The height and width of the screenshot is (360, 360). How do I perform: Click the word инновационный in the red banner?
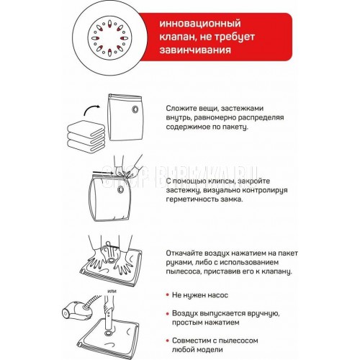click(x=200, y=24)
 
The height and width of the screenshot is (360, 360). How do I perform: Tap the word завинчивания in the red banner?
click(x=195, y=50)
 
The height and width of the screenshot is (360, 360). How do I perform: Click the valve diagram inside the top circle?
click(x=109, y=38)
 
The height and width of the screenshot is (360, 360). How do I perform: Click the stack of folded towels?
click(x=86, y=136)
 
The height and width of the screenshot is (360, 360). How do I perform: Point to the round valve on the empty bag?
click(x=135, y=109)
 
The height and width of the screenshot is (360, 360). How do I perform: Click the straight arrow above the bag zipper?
click(x=103, y=172)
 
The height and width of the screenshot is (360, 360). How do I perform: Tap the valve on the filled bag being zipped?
click(x=120, y=190)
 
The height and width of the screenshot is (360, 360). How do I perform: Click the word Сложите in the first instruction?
click(x=181, y=108)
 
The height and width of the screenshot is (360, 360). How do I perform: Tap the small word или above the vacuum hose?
click(x=112, y=291)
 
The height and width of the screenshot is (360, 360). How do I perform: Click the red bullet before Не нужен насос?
click(x=168, y=294)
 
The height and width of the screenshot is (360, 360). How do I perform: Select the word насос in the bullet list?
click(x=218, y=295)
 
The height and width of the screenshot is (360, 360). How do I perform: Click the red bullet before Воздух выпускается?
click(x=168, y=313)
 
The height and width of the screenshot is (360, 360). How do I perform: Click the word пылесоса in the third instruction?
click(x=183, y=271)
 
